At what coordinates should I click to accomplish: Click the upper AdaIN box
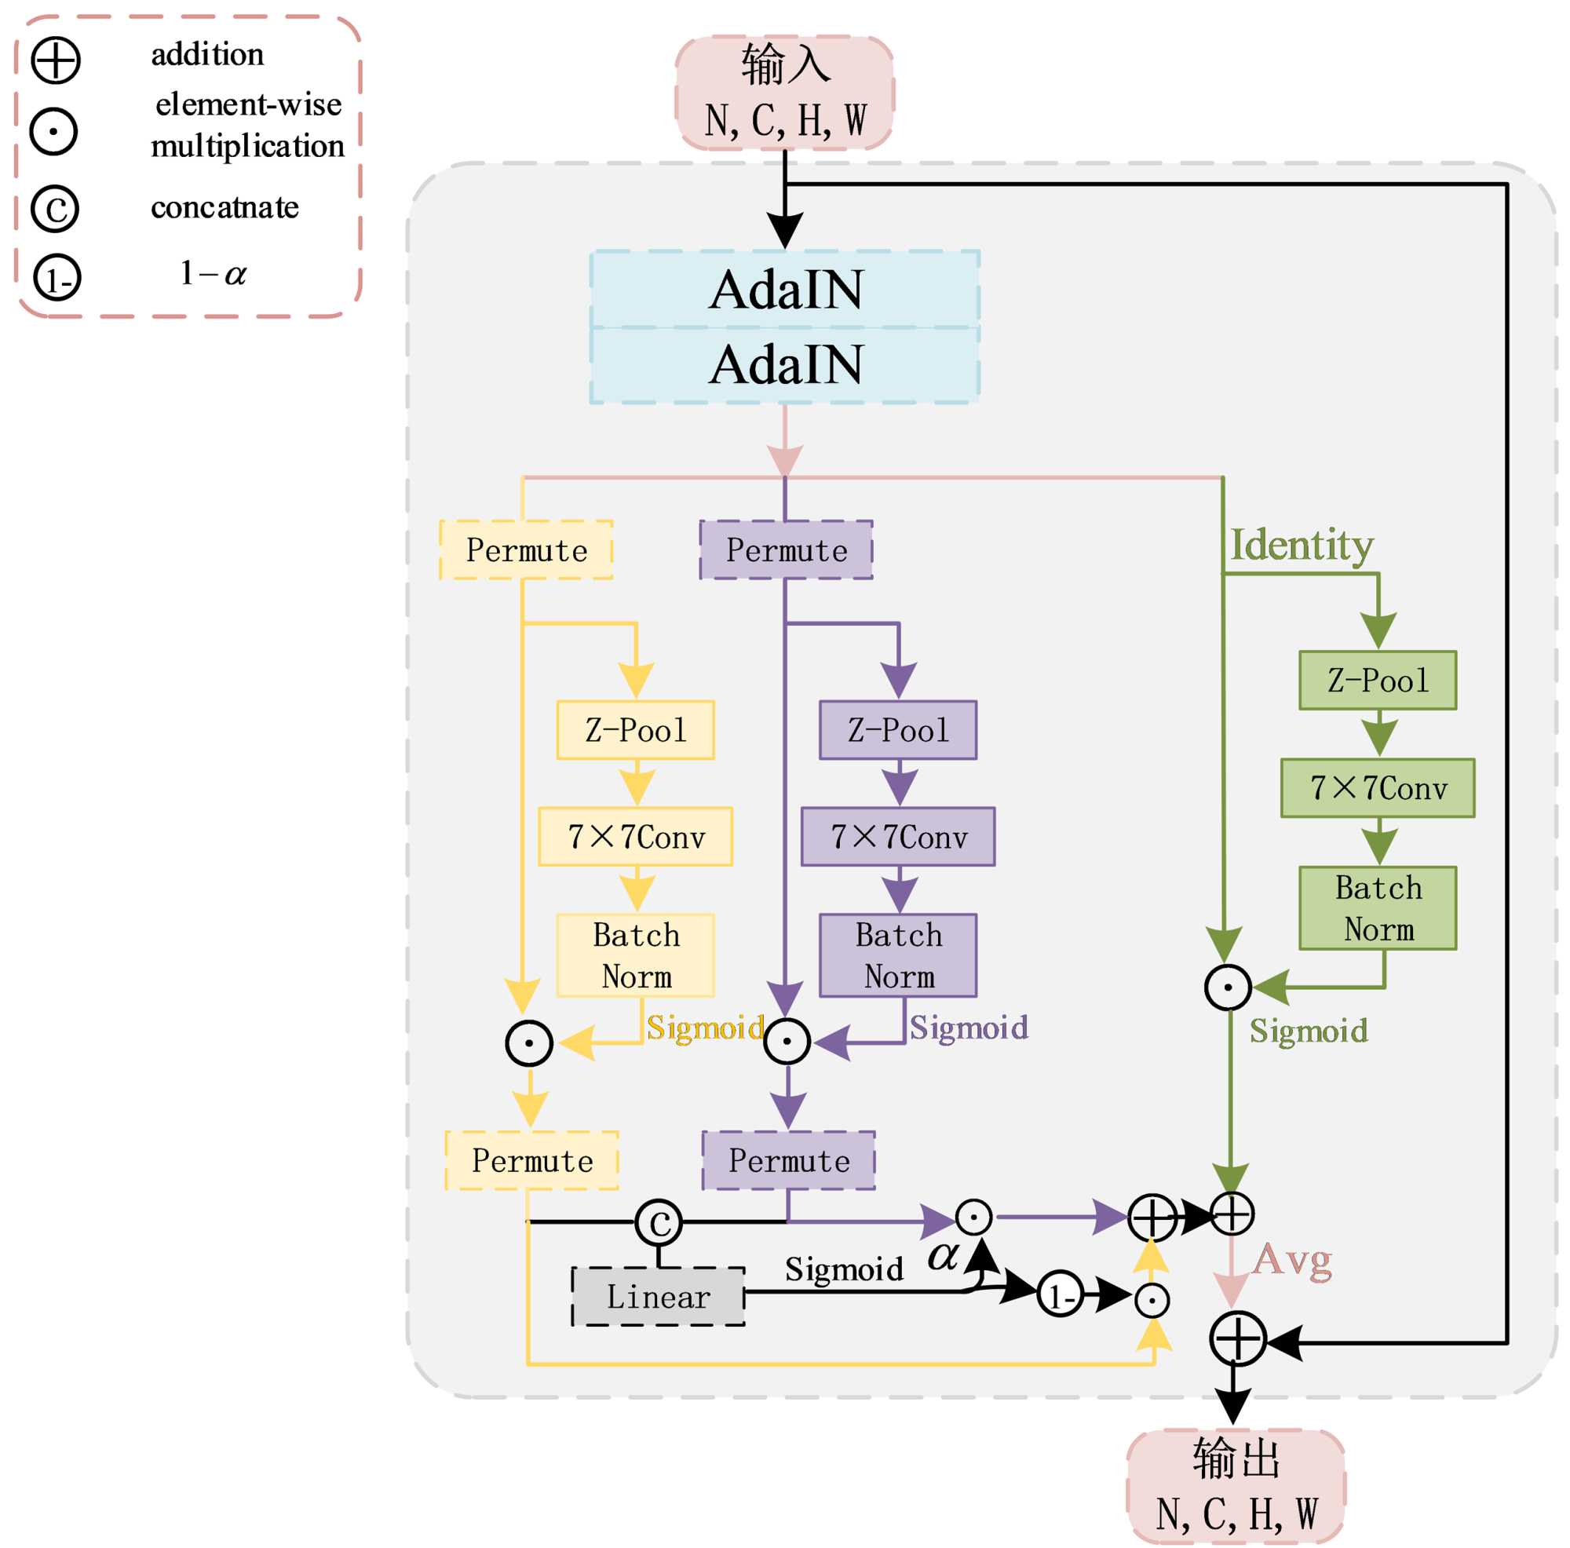[785, 290]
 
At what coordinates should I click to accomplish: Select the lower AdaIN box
[785, 364]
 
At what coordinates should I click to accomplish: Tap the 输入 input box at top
[785, 92]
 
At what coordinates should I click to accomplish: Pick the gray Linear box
[659, 1297]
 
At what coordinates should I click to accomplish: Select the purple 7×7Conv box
[898, 836]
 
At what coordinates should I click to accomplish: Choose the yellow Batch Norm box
[636, 955]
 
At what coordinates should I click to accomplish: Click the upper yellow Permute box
[526, 550]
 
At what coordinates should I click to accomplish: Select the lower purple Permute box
[788, 1160]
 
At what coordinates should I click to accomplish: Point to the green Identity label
[1302, 546]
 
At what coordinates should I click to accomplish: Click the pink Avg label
[1292, 1261]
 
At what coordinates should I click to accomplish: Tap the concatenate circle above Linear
[659, 1221]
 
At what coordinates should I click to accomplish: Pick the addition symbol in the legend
[55, 60]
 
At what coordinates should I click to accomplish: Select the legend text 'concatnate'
[225, 208]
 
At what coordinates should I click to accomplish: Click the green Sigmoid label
[1309, 1031]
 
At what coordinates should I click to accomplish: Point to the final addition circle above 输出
[1237, 1338]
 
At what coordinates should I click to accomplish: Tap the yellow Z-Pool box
[636, 730]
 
